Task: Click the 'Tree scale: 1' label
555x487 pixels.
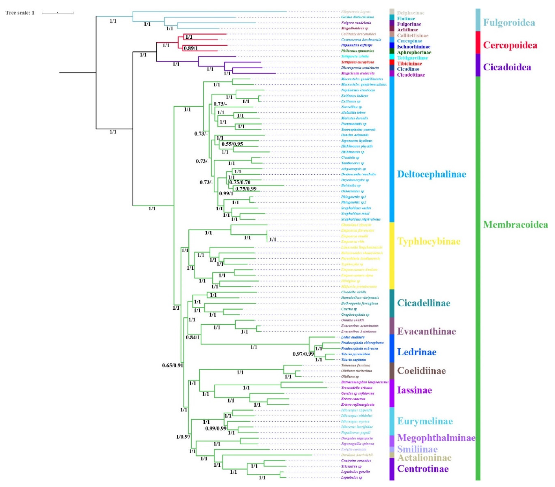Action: click(x=20, y=13)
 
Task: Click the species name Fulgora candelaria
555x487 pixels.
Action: click(x=356, y=23)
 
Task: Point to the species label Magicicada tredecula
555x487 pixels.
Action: click(x=358, y=73)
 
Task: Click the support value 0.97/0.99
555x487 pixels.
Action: click(x=303, y=354)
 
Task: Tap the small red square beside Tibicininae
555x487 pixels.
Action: click(x=392, y=62)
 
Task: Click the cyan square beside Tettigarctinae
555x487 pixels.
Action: click(x=392, y=56)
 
